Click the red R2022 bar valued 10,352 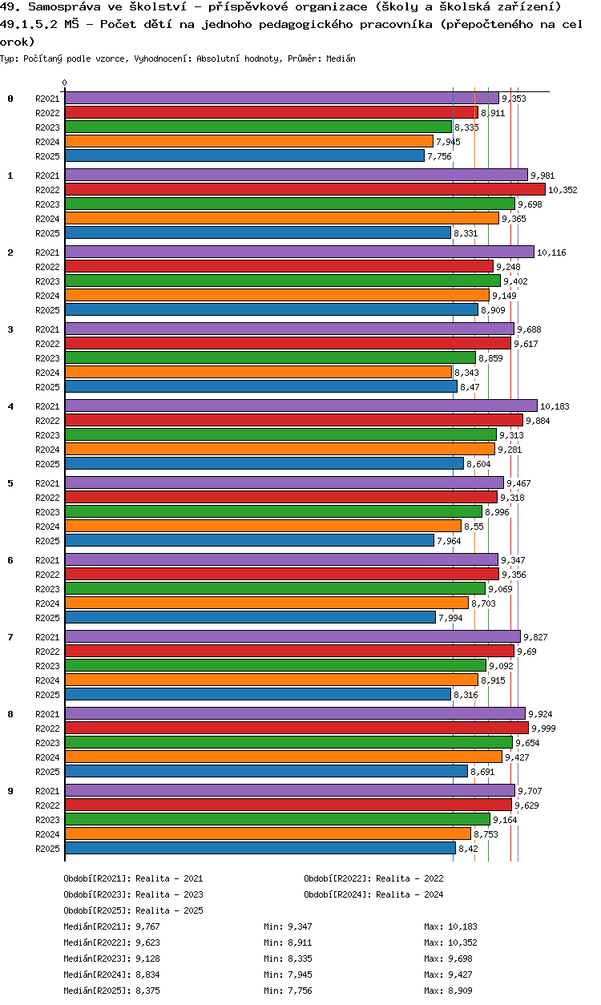305,190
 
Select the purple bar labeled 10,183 300,406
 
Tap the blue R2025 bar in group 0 244,156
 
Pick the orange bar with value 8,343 258,373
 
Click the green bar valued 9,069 275,589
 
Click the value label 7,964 449,541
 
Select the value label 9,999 543,729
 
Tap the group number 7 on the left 10,637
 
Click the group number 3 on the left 10,329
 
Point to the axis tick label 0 65,83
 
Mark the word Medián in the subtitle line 341,59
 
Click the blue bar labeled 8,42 260,849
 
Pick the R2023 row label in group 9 47,820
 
